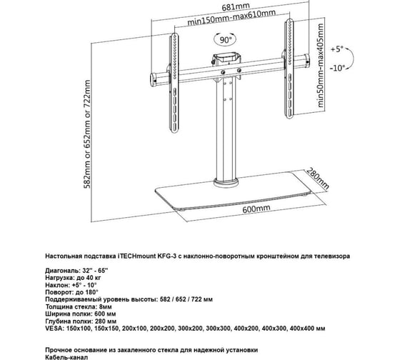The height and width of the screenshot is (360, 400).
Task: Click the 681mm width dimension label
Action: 236,7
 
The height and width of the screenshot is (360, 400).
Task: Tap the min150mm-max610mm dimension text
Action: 231,17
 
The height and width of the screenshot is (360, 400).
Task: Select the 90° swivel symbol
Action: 225,39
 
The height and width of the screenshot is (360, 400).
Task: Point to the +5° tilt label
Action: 337,49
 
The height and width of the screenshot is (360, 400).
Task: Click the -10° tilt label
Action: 336,68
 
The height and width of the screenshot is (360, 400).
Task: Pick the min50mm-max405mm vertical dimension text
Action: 320,65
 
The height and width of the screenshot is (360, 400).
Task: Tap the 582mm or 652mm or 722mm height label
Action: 87,134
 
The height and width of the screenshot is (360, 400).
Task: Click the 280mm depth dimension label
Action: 318,179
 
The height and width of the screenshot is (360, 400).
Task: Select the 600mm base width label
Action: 256,209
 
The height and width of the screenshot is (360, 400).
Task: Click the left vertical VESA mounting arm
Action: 174,84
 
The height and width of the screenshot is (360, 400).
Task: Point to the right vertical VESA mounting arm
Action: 289,69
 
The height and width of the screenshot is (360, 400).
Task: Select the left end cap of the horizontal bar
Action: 153,80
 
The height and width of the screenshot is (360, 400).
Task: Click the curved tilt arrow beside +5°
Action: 351,58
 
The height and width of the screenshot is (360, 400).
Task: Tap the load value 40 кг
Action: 94,278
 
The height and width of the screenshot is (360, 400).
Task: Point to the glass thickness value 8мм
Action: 106,306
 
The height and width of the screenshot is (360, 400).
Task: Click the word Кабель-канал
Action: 66,357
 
